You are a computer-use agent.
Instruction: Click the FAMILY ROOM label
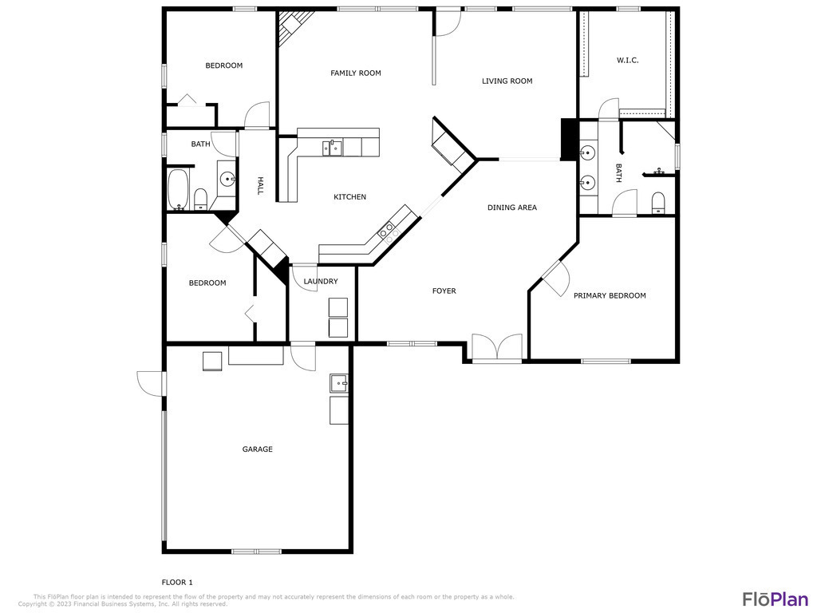pyautogui.click(x=355, y=73)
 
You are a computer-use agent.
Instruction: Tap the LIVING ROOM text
pyautogui.click(x=507, y=81)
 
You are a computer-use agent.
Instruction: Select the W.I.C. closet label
pyautogui.click(x=627, y=60)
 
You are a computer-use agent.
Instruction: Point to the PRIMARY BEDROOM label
pyautogui.click(x=610, y=295)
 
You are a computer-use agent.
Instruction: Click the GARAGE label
pyautogui.click(x=258, y=449)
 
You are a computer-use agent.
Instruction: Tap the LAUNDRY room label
pyautogui.click(x=321, y=282)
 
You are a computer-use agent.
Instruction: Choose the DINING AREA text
pyautogui.click(x=512, y=208)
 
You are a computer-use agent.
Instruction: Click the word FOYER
pyautogui.click(x=444, y=291)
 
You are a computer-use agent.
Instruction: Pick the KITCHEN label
pyautogui.click(x=349, y=196)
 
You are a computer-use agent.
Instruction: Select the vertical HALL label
pyautogui.click(x=260, y=185)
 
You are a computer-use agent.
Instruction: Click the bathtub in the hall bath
pyautogui.click(x=178, y=188)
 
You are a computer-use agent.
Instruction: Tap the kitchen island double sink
pyautogui.click(x=332, y=148)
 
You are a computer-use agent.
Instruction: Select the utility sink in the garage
pyautogui.click(x=339, y=383)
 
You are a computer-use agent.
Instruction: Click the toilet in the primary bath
pyautogui.click(x=658, y=202)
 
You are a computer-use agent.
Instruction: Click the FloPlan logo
pyautogui.click(x=776, y=599)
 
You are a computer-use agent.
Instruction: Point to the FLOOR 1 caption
pyautogui.click(x=177, y=582)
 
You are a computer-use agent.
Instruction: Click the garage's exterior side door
pyautogui.click(x=151, y=383)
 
